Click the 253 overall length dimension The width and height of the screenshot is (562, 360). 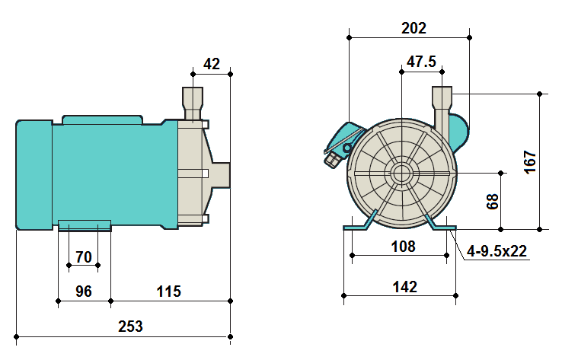click(130, 327)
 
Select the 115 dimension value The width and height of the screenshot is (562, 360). click(168, 291)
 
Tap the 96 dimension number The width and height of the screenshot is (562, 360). click(84, 291)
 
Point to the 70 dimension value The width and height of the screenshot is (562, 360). click(84, 257)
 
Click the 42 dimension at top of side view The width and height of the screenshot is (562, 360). click(212, 64)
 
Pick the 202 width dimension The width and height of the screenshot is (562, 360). click(413, 27)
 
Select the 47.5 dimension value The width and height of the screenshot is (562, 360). click(421, 62)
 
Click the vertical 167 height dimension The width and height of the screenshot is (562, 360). click(531, 162)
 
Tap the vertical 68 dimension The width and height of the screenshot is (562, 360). click(493, 201)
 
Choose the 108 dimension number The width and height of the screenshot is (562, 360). click(403, 247)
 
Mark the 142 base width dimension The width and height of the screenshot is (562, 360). click(404, 287)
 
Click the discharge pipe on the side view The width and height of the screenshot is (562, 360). click(193, 103)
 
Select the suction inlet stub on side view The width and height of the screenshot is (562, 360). click(220, 173)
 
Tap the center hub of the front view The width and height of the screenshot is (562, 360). click(401, 173)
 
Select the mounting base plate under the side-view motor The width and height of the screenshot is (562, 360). click(85, 224)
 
